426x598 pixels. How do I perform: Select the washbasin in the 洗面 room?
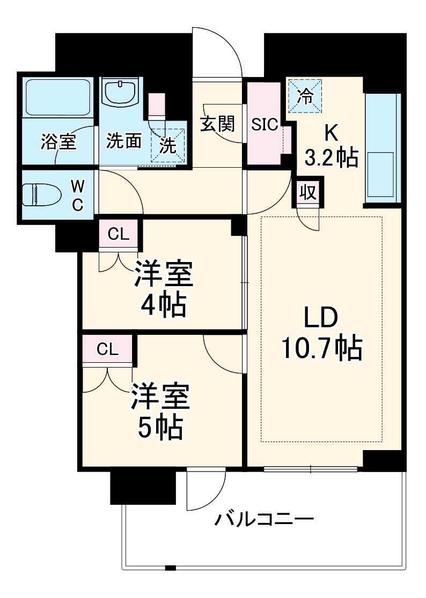(121, 93)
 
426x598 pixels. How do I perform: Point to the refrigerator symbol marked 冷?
(305, 96)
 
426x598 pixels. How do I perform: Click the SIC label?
(265, 124)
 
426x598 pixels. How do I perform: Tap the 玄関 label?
(218, 124)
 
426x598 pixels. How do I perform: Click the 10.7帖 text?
(320, 349)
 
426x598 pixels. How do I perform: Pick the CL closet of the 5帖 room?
(107, 349)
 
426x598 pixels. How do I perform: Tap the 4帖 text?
(163, 306)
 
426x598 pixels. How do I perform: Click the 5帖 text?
(160, 427)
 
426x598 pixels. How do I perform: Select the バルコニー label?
(264, 519)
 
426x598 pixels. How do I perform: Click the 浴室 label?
(58, 142)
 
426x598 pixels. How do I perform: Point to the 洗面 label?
(123, 141)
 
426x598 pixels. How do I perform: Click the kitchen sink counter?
(382, 148)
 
